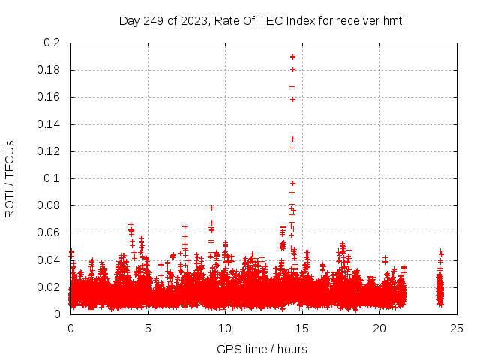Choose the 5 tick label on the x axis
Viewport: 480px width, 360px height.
(x=148, y=328)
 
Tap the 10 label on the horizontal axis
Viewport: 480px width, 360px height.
(x=225, y=328)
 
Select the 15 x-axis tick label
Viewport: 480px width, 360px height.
(x=302, y=328)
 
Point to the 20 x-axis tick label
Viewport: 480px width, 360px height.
(x=379, y=328)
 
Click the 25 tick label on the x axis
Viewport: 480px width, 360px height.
(x=457, y=328)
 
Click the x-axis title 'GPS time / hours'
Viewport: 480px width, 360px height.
(x=262, y=349)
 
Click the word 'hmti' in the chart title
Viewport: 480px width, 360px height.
(x=393, y=20)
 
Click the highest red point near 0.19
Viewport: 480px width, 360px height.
(x=292, y=57)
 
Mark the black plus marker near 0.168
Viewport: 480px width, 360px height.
(x=292, y=86)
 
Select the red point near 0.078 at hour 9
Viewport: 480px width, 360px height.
(x=211, y=208)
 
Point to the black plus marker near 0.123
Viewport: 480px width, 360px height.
(x=292, y=148)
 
